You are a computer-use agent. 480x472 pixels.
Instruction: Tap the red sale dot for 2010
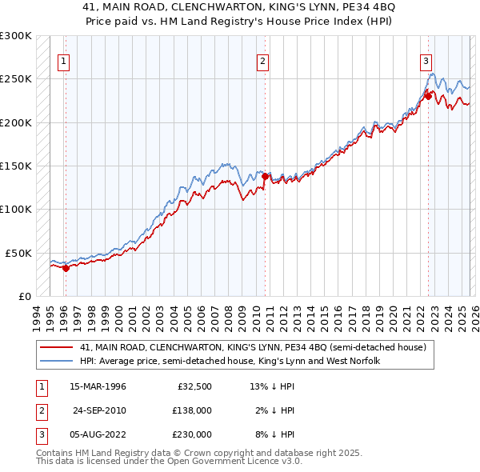click(x=266, y=175)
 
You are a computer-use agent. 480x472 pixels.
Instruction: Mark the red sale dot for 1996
click(x=66, y=268)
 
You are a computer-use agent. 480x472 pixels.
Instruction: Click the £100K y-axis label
click(x=16, y=209)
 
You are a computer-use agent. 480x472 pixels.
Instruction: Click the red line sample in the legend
click(x=58, y=347)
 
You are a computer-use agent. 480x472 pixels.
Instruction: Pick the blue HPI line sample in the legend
click(x=58, y=361)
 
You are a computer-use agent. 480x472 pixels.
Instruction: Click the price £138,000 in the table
click(x=192, y=410)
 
